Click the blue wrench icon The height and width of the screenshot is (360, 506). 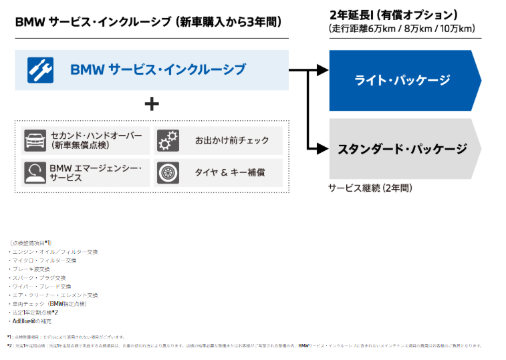40,69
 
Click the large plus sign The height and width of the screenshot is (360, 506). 152,104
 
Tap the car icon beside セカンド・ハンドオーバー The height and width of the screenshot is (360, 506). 35,141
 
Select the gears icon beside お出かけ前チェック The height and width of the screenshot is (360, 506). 168,141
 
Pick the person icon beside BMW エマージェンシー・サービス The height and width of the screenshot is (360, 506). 35,172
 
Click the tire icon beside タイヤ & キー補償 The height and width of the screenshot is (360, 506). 168,172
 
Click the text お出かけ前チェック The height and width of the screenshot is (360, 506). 232,141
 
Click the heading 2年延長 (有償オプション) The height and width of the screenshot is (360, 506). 394,15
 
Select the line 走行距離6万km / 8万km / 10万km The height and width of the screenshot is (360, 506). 402,29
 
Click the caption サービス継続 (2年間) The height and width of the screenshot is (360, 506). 370,188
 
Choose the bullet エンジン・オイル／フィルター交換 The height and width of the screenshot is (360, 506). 53,252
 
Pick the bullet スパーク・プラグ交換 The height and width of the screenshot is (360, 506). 38,278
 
